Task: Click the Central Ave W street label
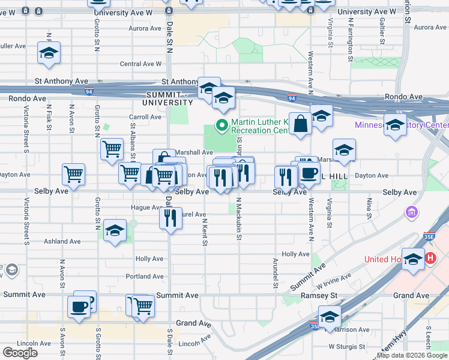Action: (140, 64)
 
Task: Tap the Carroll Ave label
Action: (145, 117)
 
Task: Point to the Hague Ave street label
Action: (143, 208)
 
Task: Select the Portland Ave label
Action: (145, 277)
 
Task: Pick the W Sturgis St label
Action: (346, 346)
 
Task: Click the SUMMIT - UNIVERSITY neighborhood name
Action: (170, 98)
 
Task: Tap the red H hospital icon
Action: (430, 259)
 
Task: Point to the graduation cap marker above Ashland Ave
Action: (114, 231)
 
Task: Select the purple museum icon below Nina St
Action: (412, 212)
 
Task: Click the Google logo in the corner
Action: (20, 352)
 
